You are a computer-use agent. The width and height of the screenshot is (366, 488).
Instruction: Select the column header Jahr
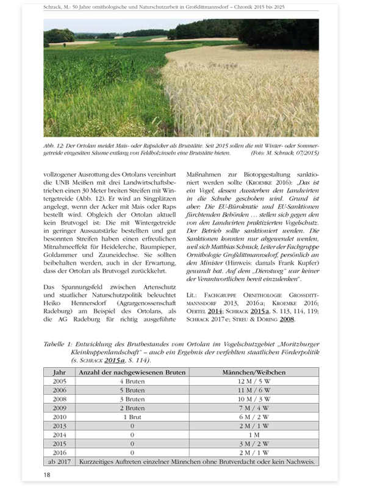(x=60, y=372)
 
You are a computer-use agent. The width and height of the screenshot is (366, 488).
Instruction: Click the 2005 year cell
(x=60, y=381)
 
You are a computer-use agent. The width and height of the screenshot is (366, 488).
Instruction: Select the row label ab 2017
(x=60, y=462)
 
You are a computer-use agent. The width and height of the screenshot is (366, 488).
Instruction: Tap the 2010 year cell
(x=60, y=417)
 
